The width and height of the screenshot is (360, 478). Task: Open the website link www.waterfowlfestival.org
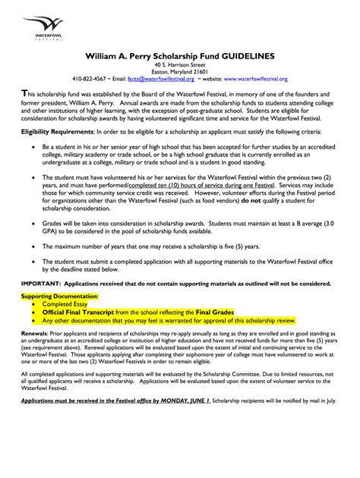tap(245, 78)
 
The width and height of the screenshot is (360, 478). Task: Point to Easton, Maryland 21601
tap(180, 71)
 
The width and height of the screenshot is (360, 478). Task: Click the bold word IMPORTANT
tap(39, 282)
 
